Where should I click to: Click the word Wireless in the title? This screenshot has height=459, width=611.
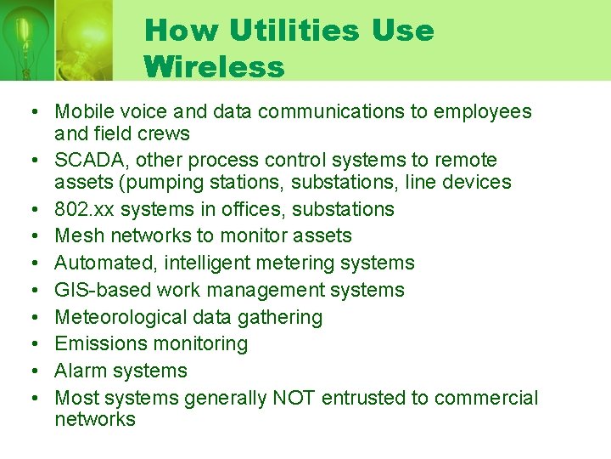(x=214, y=66)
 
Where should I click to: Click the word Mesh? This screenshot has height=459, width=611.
(x=76, y=235)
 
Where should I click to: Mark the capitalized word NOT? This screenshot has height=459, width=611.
(x=294, y=398)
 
